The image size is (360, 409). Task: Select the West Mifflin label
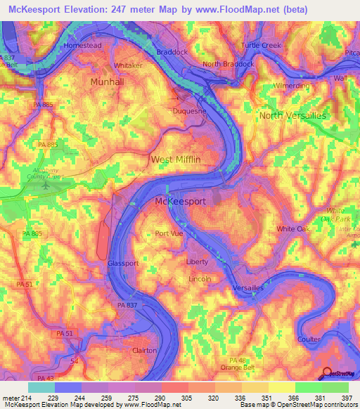pos(176,160)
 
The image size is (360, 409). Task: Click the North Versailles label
pos(292,115)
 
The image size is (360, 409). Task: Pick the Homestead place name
pos(83,45)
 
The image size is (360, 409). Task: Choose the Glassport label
pos(122,263)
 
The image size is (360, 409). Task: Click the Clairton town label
pos(148,349)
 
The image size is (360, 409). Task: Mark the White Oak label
pos(292,229)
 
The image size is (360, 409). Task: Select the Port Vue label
pos(169,234)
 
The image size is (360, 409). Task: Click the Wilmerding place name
pos(290,86)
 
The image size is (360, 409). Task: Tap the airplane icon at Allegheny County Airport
pos(47,186)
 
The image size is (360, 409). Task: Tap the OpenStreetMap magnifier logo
pos(328,373)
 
